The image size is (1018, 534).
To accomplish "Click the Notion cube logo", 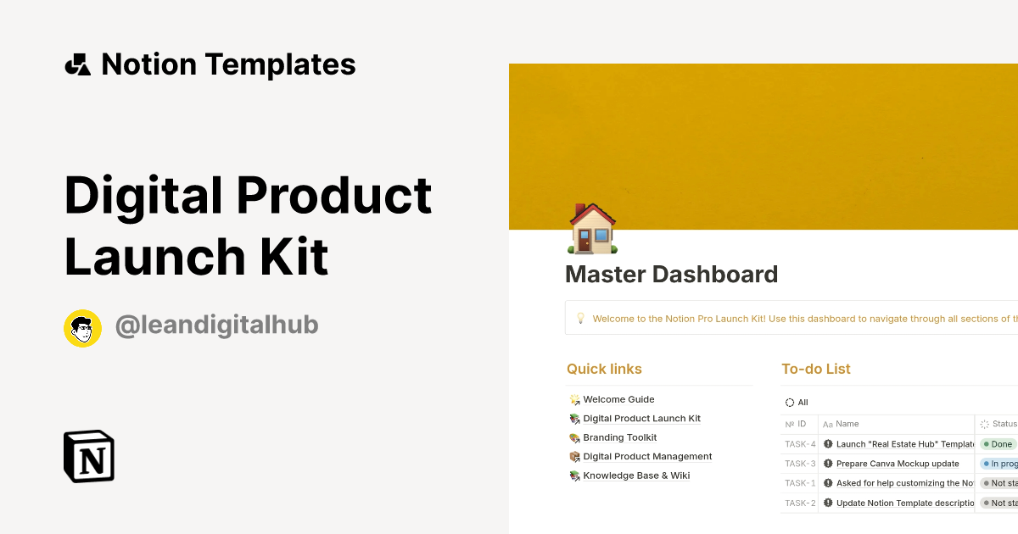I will [89, 456].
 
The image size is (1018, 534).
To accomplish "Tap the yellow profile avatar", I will [82, 328].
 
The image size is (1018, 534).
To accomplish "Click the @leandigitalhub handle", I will [216, 325].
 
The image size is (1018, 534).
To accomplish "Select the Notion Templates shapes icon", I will [77, 65].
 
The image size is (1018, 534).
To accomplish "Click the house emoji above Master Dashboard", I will [592, 229].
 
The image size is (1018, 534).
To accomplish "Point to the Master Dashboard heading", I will [671, 275].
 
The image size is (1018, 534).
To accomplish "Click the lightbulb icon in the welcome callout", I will [581, 319].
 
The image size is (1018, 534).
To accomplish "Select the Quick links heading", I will [604, 369].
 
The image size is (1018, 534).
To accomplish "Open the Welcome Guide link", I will [618, 399].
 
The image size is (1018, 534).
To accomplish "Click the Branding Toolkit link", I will [619, 437].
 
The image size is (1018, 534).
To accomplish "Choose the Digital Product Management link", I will [646, 456].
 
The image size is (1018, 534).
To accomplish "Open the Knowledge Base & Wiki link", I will [636, 476].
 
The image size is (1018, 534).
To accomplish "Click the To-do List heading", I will [815, 369].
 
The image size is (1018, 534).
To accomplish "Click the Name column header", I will [847, 424].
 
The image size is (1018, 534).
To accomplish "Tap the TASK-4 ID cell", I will [800, 444].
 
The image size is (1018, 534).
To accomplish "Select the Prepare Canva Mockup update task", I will [897, 464].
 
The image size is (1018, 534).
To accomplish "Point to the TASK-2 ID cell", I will [800, 503].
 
